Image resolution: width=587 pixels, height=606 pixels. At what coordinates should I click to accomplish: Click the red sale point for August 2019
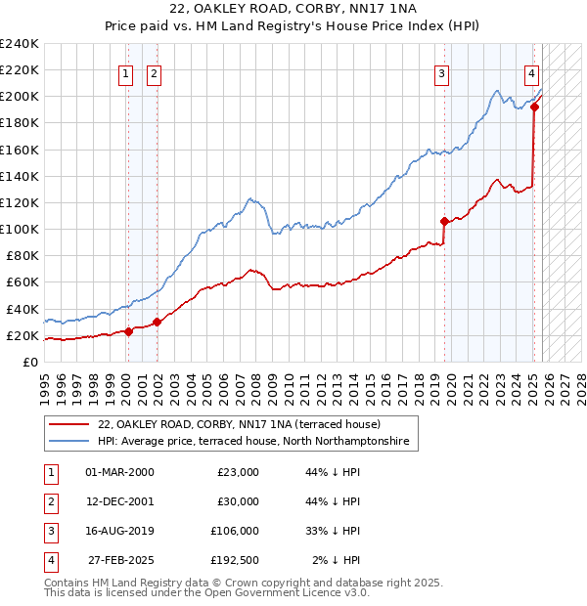[x=444, y=221]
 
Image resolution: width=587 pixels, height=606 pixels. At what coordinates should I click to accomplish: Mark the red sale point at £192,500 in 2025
[x=535, y=108]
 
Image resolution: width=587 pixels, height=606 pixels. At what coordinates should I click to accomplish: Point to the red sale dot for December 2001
[x=158, y=322]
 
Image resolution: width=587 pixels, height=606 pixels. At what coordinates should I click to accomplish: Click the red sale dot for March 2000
[x=128, y=331]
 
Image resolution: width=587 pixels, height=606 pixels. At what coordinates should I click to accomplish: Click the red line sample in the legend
[x=68, y=424]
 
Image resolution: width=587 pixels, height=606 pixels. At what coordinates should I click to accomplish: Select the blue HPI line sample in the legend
[x=68, y=442]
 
